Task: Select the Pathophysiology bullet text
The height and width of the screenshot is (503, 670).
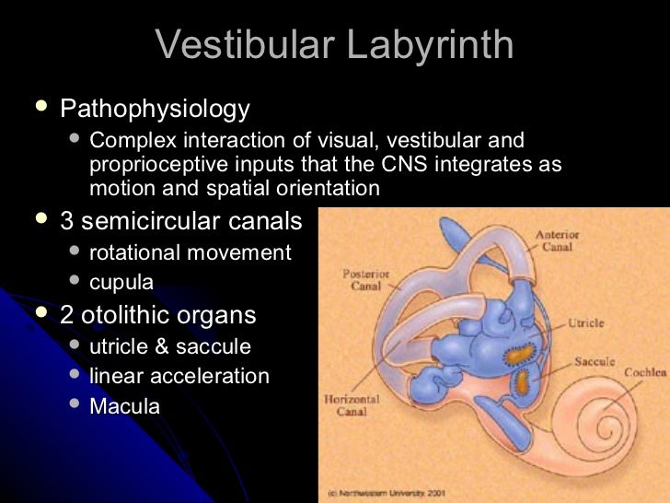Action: tap(155, 110)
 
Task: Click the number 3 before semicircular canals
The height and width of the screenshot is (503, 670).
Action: tap(66, 222)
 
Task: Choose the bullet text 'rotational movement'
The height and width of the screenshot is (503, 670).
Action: tap(191, 252)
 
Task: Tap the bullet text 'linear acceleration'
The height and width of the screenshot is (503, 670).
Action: tap(179, 377)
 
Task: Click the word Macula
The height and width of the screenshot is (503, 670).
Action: tap(124, 406)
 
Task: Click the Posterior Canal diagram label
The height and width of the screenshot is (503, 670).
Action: tap(367, 279)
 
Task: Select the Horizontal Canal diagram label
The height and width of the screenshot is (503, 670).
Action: tap(352, 406)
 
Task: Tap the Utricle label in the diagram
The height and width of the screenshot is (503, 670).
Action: tap(585, 324)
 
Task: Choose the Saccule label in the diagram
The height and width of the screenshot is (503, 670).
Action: tap(595, 361)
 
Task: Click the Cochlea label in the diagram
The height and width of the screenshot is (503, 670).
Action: tap(643, 372)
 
